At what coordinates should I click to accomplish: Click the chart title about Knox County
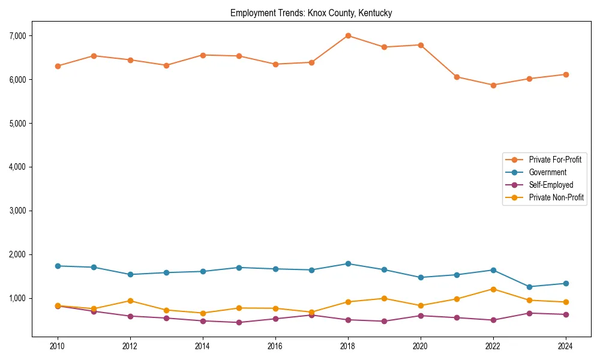coord(311,13)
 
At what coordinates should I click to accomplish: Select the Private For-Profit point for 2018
coord(347,35)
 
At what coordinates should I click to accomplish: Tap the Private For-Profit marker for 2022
coord(493,85)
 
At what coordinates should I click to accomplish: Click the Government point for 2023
coord(529,287)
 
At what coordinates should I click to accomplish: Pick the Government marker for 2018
coord(347,263)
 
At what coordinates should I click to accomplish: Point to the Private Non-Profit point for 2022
coord(493,289)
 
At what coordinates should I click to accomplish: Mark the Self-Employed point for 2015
coord(239,322)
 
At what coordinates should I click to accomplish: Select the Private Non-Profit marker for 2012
coord(130,301)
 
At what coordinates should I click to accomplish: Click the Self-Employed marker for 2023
coord(529,313)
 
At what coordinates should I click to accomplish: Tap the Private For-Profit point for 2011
coord(94,56)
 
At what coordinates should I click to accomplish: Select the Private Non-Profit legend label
coord(556,197)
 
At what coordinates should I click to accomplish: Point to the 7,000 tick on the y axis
coord(19,36)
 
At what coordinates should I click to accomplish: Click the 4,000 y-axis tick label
coord(19,167)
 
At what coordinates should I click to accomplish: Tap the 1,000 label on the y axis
coord(19,298)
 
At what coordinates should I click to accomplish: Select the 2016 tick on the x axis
coord(275,346)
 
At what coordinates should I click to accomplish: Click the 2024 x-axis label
coord(565,346)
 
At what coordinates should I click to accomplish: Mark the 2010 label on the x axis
coord(58,346)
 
